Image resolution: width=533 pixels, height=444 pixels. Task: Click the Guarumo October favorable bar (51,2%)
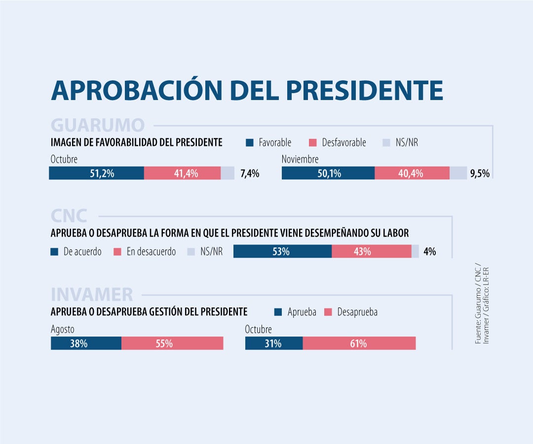click(96, 173)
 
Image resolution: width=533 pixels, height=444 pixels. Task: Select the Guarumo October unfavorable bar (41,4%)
click(182, 173)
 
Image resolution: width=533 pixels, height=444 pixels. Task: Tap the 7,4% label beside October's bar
click(250, 173)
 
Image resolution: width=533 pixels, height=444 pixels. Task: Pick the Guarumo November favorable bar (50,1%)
click(328, 173)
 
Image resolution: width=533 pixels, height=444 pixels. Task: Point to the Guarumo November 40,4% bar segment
click(412, 173)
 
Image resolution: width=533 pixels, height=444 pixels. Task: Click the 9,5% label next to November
click(480, 173)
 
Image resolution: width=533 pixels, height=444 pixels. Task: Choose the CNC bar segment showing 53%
click(282, 251)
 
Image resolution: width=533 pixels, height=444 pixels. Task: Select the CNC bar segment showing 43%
click(371, 251)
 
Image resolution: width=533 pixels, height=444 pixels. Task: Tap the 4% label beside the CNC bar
click(429, 251)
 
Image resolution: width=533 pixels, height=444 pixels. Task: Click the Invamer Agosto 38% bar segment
click(86, 343)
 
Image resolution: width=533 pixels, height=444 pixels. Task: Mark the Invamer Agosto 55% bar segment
click(172, 343)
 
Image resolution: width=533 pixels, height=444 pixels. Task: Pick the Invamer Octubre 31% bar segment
click(274, 343)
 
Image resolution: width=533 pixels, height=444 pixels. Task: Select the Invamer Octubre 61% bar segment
click(359, 343)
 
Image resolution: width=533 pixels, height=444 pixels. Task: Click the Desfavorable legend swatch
click(312, 143)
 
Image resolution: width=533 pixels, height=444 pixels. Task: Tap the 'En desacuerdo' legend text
click(151, 252)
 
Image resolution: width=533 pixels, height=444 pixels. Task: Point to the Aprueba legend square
click(278, 312)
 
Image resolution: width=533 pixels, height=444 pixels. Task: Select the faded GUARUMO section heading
click(98, 125)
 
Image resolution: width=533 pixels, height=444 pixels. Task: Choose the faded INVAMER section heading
click(92, 295)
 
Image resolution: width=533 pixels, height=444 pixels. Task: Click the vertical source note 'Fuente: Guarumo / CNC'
click(478, 306)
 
